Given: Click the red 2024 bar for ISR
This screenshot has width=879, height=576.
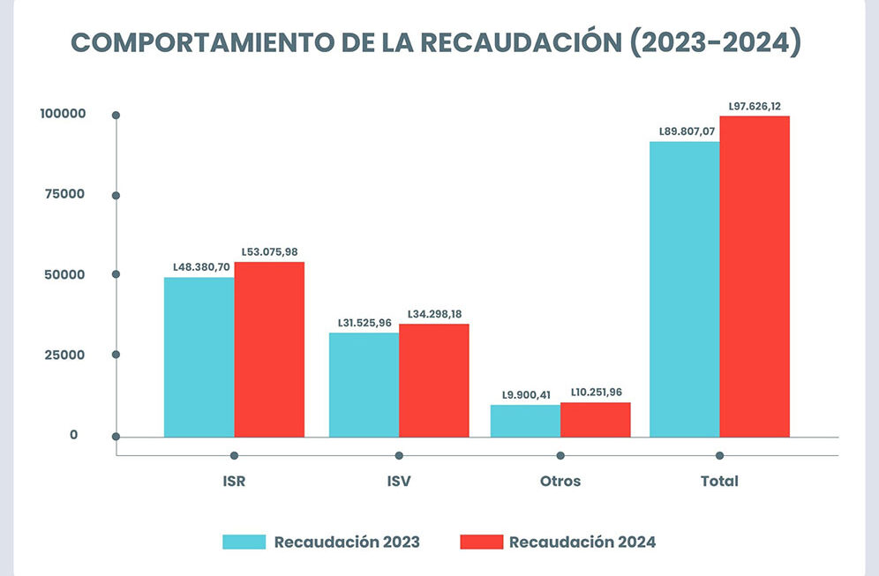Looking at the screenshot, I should click(x=269, y=349).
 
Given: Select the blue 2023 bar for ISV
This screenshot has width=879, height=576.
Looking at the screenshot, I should click(x=364, y=385).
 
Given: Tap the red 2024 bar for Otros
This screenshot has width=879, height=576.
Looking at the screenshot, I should click(x=596, y=420).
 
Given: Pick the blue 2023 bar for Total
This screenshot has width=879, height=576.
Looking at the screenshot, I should click(x=684, y=289).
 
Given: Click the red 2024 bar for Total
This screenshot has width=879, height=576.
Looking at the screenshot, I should click(x=755, y=276).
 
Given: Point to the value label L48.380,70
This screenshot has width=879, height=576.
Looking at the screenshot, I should click(x=200, y=267).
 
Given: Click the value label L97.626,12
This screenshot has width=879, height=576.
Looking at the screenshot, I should click(x=755, y=106).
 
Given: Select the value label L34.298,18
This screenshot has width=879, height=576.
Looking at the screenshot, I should click(x=434, y=314).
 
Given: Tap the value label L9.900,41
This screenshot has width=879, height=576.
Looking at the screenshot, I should click(x=525, y=394).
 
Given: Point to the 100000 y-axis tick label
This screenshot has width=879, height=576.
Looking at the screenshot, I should click(x=62, y=114).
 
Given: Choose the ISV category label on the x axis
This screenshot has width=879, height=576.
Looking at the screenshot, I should click(x=398, y=482).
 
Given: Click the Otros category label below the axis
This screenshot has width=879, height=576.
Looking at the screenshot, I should click(x=560, y=482).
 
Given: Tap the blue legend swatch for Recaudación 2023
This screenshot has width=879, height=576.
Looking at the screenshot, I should click(x=244, y=542).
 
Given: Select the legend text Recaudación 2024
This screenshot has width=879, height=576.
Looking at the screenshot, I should click(x=582, y=542).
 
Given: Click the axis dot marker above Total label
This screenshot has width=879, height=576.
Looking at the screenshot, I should click(x=719, y=455).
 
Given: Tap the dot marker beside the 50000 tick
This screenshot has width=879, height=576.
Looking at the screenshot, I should click(x=116, y=274).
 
